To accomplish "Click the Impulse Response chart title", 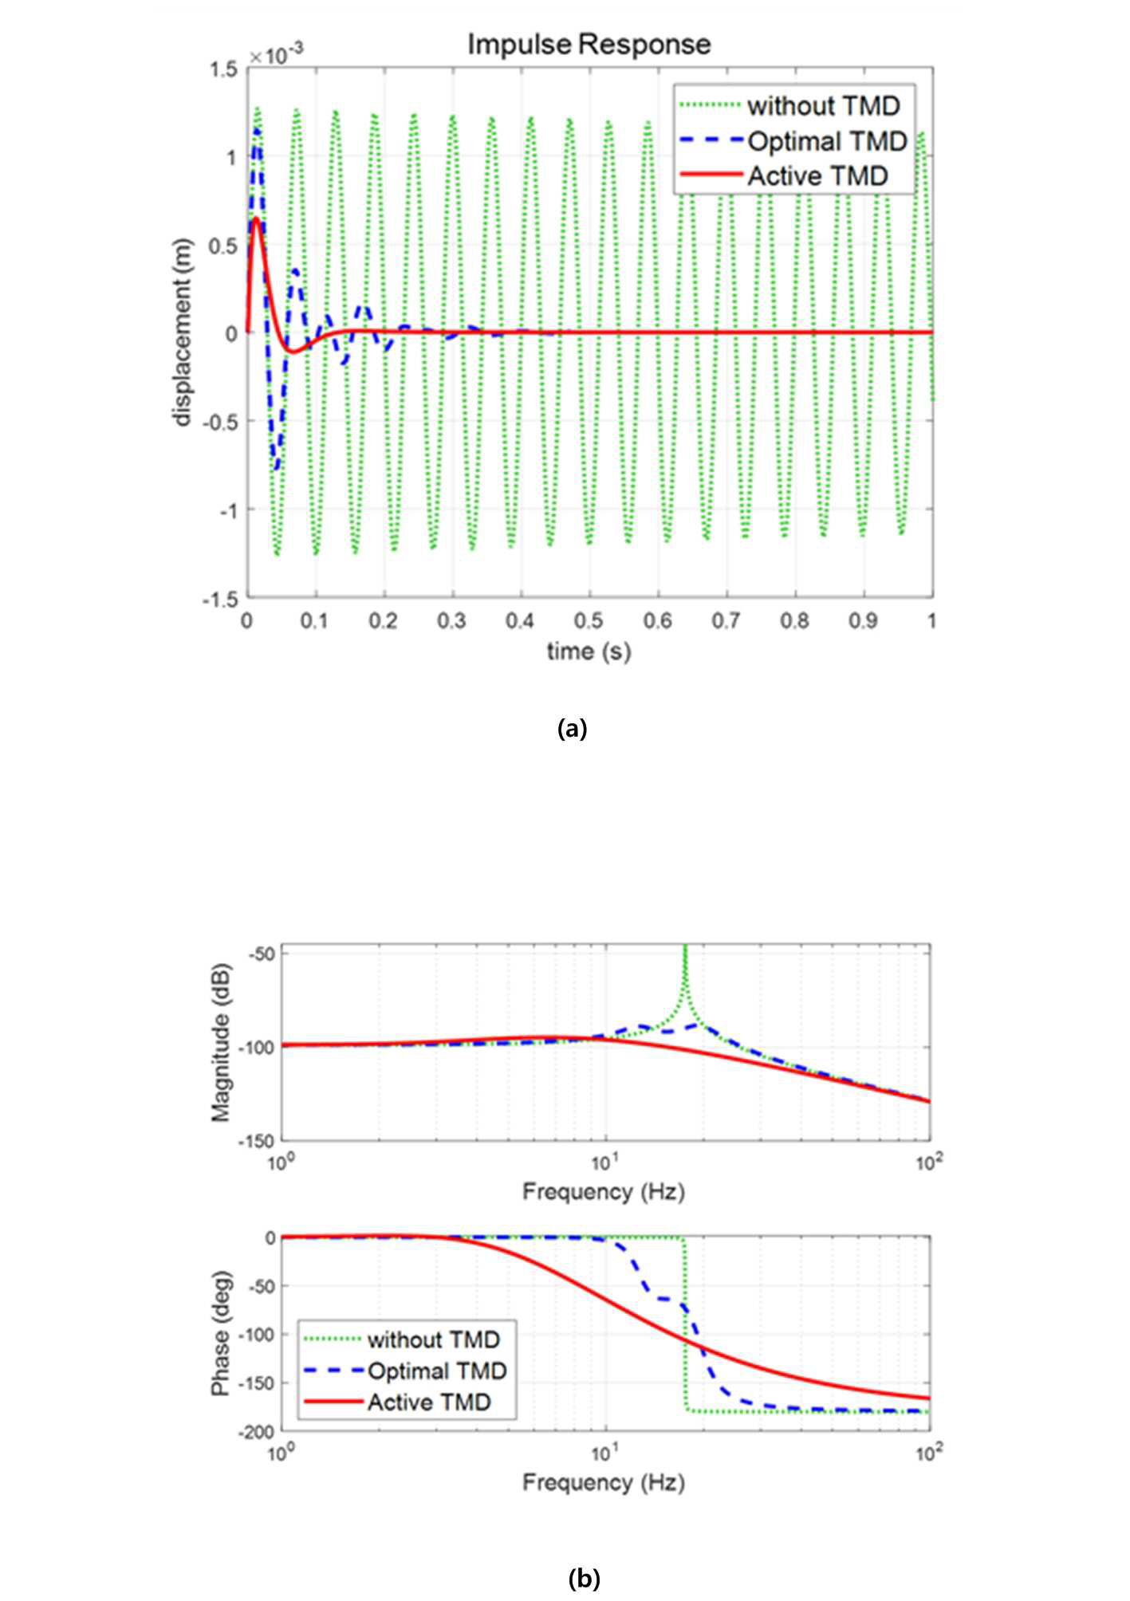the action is click(589, 45).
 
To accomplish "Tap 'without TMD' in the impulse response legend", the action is click(824, 105).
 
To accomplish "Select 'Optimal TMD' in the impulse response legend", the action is click(828, 141).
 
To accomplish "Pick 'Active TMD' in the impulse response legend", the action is click(817, 175).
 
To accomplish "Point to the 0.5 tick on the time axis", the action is click(589, 620).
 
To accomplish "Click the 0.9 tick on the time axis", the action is click(863, 620).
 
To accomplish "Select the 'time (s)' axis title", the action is click(589, 651).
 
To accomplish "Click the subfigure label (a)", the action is click(572, 728).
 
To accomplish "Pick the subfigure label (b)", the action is click(584, 1577).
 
